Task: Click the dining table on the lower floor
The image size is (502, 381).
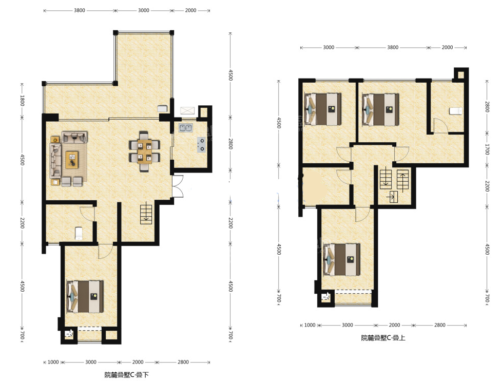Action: [x=145, y=151]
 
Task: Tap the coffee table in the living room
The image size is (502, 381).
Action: [x=72, y=160]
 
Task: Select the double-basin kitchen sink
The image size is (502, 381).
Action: [x=185, y=128]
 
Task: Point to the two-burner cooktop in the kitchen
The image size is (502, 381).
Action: [x=202, y=144]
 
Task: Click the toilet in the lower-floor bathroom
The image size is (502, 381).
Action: [x=79, y=233]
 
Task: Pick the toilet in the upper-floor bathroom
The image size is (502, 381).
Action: [x=456, y=111]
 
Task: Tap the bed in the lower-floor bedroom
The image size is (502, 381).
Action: [x=85, y=297]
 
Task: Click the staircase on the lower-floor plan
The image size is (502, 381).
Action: [x=146, y=213]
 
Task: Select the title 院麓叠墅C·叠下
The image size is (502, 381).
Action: [x=126, y=375]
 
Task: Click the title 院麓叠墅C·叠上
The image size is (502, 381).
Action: [x=383, y=338]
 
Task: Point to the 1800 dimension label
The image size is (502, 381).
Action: [x=22, y=100]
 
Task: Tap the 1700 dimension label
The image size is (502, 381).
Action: [x=487, y=149]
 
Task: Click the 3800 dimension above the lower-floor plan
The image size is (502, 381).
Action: [x=80, y=10]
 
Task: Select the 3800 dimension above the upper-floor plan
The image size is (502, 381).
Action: [x=393, y=47]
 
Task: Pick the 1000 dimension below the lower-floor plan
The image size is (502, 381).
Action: [x=53, y=362]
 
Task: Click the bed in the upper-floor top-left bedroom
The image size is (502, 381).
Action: [x=323, y=109]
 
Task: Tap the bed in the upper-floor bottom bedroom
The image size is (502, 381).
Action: [x=342, y=260]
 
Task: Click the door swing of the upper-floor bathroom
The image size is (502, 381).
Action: [x=439, y=125]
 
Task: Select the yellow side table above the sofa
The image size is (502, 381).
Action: [x=55, y=140]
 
